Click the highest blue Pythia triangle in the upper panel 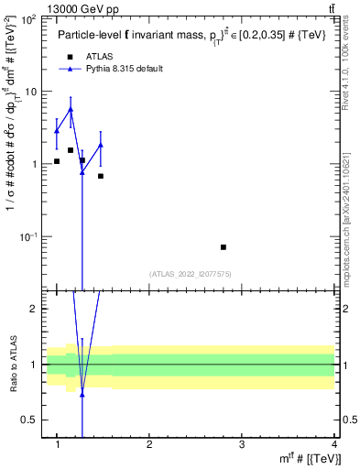[71, 109]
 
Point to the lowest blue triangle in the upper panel [82, 172]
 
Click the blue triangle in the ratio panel [82, 395]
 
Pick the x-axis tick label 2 [149, 444]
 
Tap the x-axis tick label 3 [241, 444]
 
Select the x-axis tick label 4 [333, 444]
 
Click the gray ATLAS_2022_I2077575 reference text [189, 274]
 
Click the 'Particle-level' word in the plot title [85, 36]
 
